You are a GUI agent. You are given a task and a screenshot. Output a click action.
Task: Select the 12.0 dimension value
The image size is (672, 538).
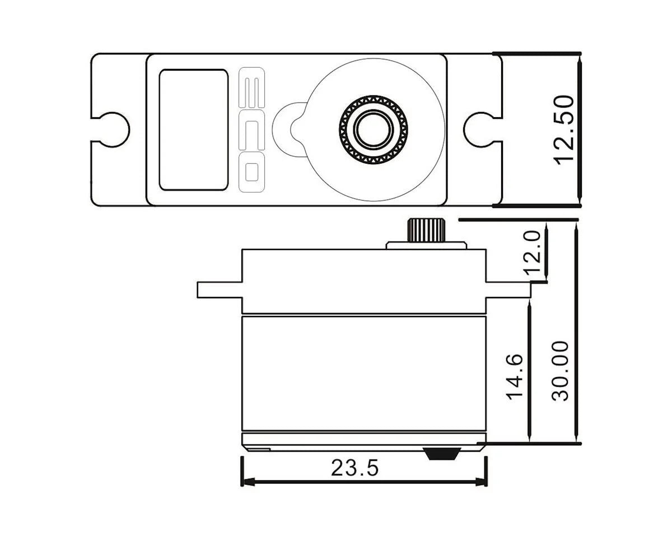pos(534,252)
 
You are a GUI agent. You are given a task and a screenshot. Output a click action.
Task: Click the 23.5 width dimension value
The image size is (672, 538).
pos(354,467)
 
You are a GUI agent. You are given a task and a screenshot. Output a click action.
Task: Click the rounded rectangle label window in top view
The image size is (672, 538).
pos(193,130)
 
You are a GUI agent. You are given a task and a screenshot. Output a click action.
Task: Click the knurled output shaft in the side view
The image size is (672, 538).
pos(426,230)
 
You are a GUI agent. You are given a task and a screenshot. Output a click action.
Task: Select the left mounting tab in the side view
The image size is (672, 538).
pos(219,289)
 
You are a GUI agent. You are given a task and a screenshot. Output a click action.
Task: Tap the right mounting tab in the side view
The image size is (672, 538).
pos(507,289)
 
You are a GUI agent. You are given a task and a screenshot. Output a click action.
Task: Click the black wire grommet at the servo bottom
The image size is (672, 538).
pos(442,453)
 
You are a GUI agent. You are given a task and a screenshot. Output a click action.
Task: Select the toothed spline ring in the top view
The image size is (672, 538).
pos(399,129)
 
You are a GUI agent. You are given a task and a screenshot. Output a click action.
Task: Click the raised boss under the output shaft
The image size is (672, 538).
pos(426,245)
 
